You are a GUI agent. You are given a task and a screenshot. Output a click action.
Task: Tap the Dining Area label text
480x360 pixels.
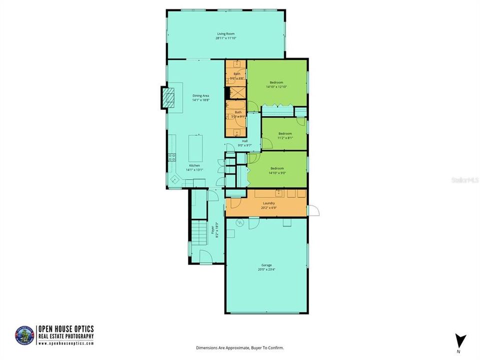200,95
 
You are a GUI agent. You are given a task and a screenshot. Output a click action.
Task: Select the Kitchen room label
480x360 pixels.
194,165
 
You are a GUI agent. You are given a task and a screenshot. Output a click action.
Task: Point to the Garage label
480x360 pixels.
266,265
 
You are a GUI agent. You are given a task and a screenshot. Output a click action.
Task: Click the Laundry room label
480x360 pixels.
268,203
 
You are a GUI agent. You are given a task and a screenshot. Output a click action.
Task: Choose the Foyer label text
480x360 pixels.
212,229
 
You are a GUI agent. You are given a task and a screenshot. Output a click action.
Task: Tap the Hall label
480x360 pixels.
244,141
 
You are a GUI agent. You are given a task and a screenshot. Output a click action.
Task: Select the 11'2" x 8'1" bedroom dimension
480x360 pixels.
285,138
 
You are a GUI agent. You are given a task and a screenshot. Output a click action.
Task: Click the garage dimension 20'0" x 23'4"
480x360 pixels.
266,269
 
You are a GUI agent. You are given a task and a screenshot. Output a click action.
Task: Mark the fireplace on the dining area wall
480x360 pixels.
168,97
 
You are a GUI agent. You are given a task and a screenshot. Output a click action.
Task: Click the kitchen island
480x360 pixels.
195,148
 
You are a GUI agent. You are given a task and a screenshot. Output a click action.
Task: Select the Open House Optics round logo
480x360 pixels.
25,334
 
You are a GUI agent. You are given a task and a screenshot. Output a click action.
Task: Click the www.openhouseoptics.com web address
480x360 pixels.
66,343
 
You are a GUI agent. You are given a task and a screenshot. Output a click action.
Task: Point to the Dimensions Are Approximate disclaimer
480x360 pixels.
240,347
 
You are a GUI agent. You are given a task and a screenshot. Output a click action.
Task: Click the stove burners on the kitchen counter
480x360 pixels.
171,159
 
